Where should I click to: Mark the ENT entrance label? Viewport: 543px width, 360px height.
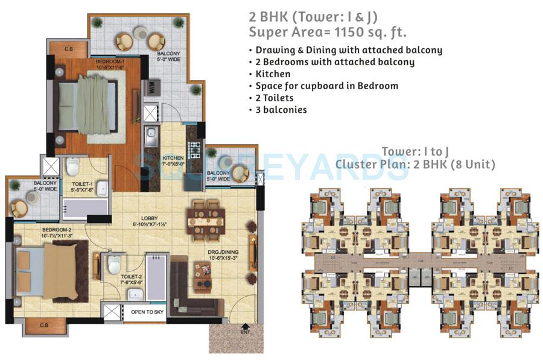click(x=244, y=332)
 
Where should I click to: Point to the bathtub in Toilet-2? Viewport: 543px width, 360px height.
click(x=156, y=277)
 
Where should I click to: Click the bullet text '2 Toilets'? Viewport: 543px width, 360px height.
click(x=274, y=98)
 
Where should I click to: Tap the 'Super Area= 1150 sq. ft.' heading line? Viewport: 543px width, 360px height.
click(x=328, y=31)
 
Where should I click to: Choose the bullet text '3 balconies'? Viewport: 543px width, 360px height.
click(x=281, y=110)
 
